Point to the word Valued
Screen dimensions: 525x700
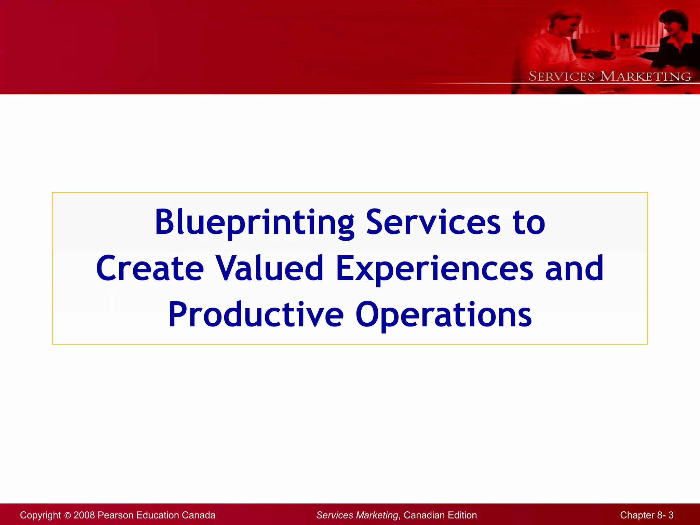click(x=269, y=269)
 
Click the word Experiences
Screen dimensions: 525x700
click(x=434, y=269)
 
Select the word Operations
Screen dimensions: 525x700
click(x=444, y=315)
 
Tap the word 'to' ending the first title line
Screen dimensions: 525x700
click(x=529, y=223)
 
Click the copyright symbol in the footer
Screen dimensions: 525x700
click(x=67, y=515)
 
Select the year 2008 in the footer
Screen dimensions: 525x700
click(x=84, y=515)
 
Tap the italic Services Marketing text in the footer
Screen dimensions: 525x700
click(x=357, y=515)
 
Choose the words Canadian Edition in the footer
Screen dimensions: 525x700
click(x=440, y=515)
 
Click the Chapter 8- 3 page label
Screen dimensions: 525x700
click(x=646, y=515)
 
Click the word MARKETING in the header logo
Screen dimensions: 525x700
click(x=646, y=76)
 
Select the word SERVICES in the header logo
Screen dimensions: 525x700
click(x=561, y=76)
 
